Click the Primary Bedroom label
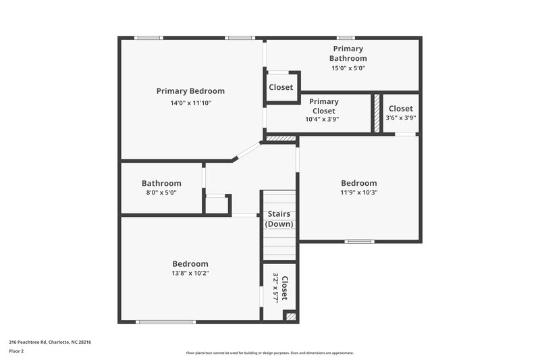point(190,91)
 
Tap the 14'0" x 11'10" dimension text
point(191,103)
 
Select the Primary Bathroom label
point(348,53)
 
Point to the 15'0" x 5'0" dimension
point(348,68)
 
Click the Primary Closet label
point(324,106)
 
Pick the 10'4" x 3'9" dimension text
point(322,119)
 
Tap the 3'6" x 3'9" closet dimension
point(400,118)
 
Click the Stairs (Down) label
point(279,219)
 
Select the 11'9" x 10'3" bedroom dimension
point(358,192)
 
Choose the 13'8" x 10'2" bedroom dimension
point(190,274)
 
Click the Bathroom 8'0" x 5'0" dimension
point(161,192)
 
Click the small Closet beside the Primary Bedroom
point(281,87)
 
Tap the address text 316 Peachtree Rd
point(50,342)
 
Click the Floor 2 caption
point(17,351)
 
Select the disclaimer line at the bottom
point(270,353)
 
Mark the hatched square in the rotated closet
point(290,315)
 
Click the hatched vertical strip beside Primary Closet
point(376,113)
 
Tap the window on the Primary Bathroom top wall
point(346,38)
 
